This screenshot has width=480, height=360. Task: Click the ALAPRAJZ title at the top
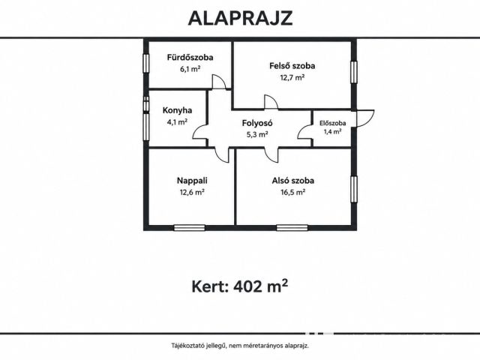240,18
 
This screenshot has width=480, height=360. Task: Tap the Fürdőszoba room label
190,57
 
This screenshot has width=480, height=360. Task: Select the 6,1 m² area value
190,69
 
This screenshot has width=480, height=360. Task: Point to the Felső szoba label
292,66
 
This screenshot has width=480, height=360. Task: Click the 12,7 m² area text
292,77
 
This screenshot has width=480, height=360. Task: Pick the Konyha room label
177,110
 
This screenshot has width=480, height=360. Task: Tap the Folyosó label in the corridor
257,123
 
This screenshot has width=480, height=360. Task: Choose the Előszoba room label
333,123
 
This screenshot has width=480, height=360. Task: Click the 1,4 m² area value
333,132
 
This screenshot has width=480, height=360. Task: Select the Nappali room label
192,181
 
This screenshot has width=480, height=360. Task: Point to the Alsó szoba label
293,181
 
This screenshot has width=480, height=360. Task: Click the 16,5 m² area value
293,192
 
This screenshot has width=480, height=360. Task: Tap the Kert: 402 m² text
240,286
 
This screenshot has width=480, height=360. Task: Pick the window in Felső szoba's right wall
354,72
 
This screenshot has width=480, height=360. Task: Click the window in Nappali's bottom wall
189,228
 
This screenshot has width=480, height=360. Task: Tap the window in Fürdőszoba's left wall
146,64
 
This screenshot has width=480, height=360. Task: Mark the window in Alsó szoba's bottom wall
292,228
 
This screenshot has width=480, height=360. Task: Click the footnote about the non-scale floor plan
240,346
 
